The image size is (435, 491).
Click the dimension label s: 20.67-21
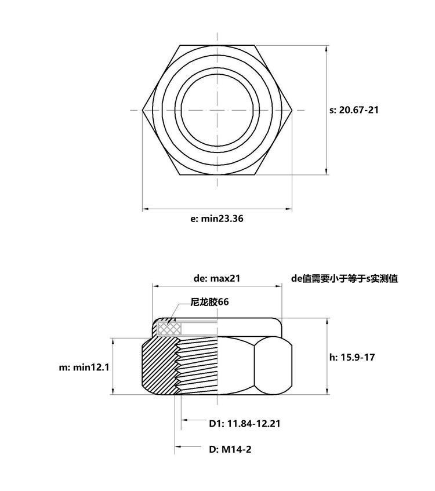354,110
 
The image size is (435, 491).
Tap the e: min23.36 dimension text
217,219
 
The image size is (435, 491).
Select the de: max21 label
217,278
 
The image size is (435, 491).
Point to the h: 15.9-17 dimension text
352,357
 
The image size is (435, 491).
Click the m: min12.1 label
84,367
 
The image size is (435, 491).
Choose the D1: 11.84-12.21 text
244,423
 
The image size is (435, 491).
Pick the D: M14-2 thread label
230,449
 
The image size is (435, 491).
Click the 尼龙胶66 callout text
209,302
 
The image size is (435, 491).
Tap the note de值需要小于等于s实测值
345,278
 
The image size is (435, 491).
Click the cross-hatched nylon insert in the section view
169,328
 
